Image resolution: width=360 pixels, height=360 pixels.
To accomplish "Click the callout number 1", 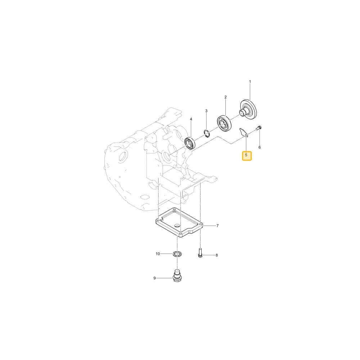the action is (250, 81).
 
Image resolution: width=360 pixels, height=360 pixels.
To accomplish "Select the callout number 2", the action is (225, 97).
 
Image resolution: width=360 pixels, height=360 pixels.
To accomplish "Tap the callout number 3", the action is (206, 111).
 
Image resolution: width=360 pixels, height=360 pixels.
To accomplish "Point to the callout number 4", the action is (191, 119).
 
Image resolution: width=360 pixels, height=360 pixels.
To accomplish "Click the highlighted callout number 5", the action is (246, 155).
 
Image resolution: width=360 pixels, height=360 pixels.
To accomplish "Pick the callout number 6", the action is (260, 147).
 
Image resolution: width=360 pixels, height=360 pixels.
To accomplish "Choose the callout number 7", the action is (217, 226).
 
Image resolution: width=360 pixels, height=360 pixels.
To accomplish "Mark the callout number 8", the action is (216, 255).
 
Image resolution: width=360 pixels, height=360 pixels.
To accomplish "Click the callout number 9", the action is (154, 278).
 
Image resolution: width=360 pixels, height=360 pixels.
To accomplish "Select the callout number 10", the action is (158, 254).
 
